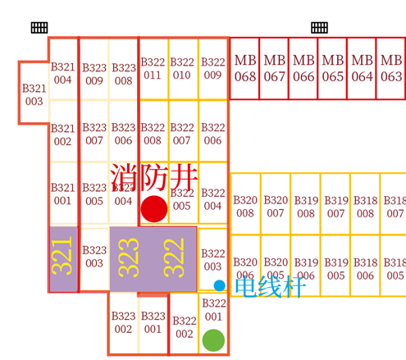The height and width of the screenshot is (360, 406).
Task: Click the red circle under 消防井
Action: (154, 209)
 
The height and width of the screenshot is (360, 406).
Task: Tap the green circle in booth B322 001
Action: (213, 340)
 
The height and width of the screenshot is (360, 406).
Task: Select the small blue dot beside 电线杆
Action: (219, 285)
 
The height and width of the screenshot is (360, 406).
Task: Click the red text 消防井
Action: (154, 177)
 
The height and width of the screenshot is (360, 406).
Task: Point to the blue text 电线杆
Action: (270, 286)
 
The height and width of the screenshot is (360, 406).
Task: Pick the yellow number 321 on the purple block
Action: (62, 256)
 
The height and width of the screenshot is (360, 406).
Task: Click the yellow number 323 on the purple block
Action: (129, 257)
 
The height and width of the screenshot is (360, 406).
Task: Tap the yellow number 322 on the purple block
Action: (174, 257)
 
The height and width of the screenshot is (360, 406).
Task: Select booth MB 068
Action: (244, 68)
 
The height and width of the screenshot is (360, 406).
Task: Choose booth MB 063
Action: (391, 68)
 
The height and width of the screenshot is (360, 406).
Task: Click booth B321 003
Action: (34, 93)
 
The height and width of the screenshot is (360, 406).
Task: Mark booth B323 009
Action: (94, 70)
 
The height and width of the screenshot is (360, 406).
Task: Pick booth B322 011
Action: (153, 69)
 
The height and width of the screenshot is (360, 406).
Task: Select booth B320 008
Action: (245, 204)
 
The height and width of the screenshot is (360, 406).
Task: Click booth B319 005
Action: (335, 266)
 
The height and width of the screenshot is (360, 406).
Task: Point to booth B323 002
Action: (123, 323)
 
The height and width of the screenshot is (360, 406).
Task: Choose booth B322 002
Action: (184, 324)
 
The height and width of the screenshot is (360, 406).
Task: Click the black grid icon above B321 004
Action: (39, 28)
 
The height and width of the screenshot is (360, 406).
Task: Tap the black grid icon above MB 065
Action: (319, 28)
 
